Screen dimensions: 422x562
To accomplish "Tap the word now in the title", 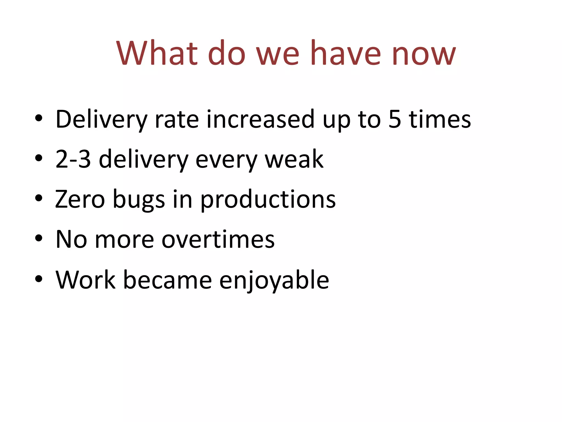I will [x=424, y=54].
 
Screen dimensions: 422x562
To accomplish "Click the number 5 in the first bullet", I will [x=395, y=119].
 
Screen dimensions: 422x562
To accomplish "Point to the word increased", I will [x=260, y=119].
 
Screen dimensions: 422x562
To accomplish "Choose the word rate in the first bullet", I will [x=177, y=119].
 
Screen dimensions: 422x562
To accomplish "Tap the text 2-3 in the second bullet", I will [x=73, y=159].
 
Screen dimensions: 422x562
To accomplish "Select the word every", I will [x=226, y=161].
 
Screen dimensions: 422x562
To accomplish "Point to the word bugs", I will [x=139, y=201].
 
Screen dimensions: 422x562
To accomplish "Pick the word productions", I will [x=268, y=201].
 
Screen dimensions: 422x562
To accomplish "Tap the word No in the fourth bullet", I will [x=71, y=239].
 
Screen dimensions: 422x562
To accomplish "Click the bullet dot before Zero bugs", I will [x=39, y=198].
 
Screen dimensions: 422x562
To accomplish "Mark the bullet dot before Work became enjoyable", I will [x=39, y=279].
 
